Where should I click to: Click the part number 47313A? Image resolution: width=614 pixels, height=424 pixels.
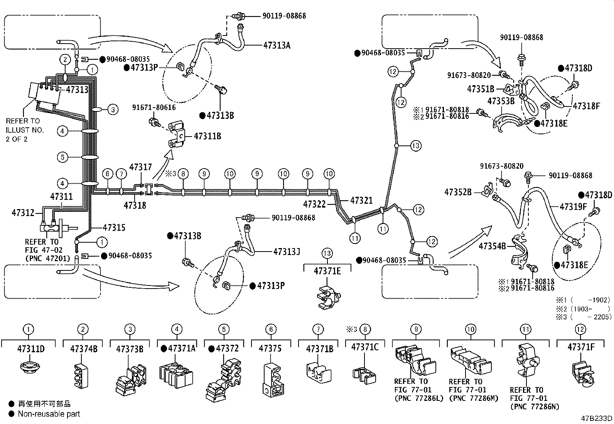277,45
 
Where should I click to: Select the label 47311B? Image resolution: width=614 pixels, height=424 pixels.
207,136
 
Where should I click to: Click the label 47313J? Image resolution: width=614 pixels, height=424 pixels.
287,252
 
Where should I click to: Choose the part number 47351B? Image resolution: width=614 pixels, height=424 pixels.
481,89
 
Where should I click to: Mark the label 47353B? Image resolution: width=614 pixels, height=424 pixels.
501,101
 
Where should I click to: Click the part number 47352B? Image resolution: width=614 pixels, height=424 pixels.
458,192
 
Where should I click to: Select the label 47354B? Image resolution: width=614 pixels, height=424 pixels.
492,245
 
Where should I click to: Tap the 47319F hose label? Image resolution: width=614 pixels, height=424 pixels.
573,207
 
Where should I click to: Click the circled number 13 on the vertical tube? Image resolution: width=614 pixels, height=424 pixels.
415,146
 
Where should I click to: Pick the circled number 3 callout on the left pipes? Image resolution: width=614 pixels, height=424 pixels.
113,110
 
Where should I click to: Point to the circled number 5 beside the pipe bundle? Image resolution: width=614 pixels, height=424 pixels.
62,157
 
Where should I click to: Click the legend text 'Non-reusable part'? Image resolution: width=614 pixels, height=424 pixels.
49,414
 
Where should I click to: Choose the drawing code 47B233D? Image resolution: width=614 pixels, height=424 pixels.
597,418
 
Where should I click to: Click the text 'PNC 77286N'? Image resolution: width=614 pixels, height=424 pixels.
534,407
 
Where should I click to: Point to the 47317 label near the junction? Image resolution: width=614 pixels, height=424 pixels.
140,167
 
